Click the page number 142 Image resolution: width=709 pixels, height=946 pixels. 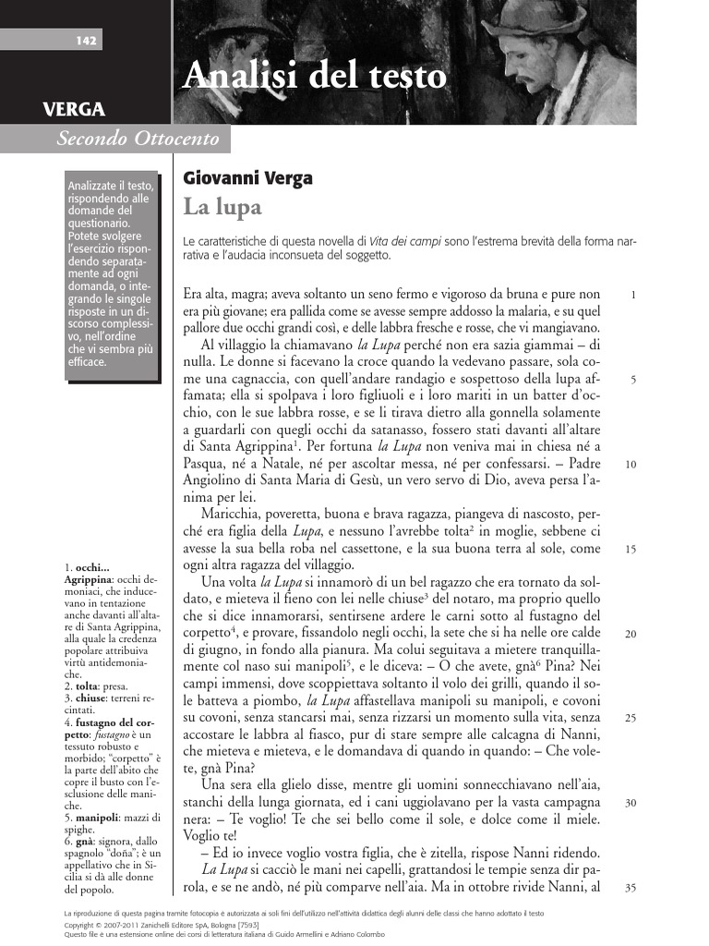pyautogui.click(x=87, y=40)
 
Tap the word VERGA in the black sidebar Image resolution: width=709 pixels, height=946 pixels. pyautogui.click(x=73, y=110)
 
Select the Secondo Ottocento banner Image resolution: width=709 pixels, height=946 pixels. pyautogui.click(x=138, y=139)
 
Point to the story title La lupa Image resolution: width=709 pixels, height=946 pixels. pyautogui.click(x=222, y=205)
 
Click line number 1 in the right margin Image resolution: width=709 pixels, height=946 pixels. pyautogui.click(x=632, y=296)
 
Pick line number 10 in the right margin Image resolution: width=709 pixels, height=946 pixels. pyautogui.click(x=631, y=465)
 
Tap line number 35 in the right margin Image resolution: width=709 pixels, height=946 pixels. pyautogui.click(x=631, y=888)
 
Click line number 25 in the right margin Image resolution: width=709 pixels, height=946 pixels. pyautogui.click(x=631, y=718)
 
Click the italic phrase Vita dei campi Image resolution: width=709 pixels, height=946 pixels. pyautogui.click(x=410, y=240)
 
